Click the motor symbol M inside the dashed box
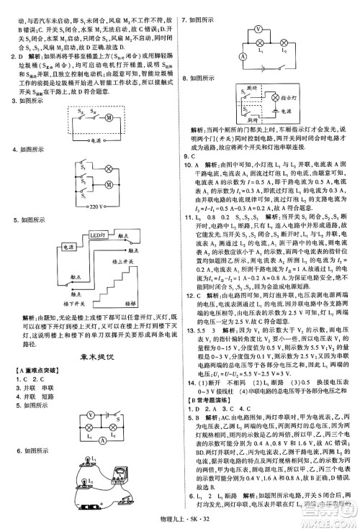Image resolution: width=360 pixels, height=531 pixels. pos(108,117)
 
